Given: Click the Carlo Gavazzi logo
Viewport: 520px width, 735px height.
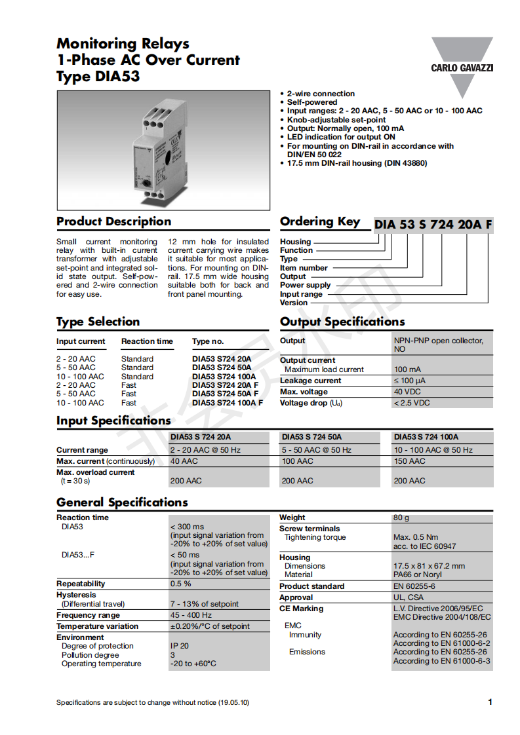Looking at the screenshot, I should (462, 66).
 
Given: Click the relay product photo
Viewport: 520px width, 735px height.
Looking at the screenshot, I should (163, 150).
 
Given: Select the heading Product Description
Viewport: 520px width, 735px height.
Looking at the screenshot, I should (113, 221).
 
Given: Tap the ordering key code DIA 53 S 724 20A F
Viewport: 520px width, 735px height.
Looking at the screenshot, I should (433, 225).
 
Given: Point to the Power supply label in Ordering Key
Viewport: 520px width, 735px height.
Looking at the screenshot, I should (306, 285).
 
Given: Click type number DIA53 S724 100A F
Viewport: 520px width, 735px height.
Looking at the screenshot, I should (228, 403).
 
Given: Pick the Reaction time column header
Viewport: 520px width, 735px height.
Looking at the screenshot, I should (147, 341).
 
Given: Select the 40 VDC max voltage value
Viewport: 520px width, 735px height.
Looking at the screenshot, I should (407, 392).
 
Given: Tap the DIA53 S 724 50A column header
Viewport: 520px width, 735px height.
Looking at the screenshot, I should (311, 437).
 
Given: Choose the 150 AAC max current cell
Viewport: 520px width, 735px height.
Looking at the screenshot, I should (409, 461).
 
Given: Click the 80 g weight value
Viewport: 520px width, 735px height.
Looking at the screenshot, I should (401, 518).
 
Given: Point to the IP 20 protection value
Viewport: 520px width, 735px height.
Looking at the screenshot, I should (180, 646).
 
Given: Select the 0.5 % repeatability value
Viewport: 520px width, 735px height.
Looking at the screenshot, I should (181, 584).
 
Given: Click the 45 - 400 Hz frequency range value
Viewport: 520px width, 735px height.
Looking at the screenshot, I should (191, 615).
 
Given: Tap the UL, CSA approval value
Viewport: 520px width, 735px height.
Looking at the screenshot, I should (409, 597).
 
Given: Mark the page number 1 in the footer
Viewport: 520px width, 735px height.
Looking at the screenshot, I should (490, 702).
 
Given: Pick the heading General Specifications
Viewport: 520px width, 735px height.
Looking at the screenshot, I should (122, 502).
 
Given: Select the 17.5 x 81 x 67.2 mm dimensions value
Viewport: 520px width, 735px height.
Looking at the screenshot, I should (429, 566).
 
